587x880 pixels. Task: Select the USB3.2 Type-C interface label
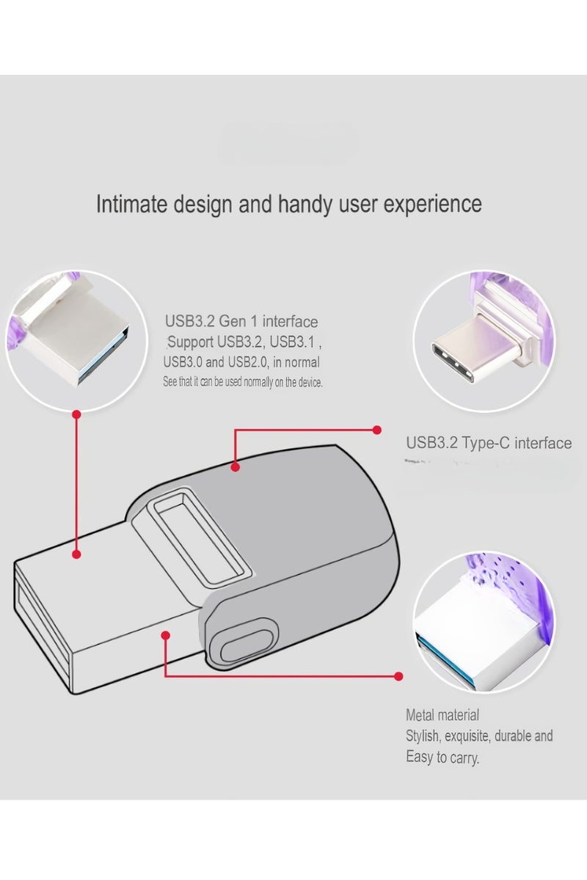click(x=489, y=443)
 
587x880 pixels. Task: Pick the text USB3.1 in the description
click(x=299, y=342)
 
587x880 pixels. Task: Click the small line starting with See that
click(x=242, y=382)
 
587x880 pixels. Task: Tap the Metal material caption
click(x=442, y=715)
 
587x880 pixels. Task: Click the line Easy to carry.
click(x=442, y=758)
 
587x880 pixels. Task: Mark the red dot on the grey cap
click(x=235, y=466)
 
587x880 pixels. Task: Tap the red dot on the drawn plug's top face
click(x=76, y=555)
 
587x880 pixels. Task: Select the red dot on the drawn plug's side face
click(x=166, y=634)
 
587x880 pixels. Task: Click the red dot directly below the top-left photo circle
click(x=76, y=414)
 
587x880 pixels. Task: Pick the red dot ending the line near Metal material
click(x=398, y=676)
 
